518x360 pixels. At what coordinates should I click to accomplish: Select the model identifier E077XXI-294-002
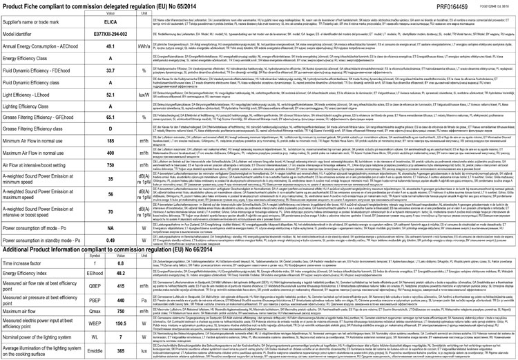pyautogui.click(x=111, y=34)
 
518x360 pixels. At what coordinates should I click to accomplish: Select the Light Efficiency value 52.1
pyautogui.click(x=111, y=93)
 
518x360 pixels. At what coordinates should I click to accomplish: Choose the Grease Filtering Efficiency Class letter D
pyautogui.click(x=111, y=129)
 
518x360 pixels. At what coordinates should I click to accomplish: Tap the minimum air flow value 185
pyautogui.click(x=111, y=141)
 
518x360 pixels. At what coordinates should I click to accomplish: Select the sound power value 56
pyautogui.click(x=111, y=195)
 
